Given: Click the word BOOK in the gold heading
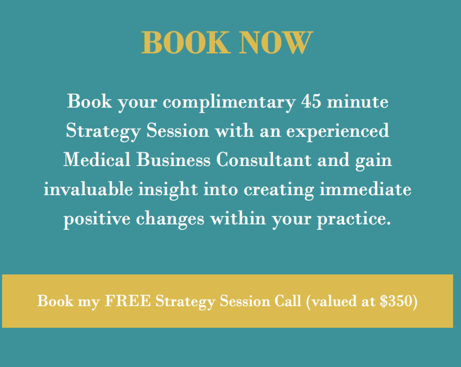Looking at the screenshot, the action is point(185,42).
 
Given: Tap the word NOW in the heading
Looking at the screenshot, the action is point(276,42).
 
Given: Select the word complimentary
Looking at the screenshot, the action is point(229,103).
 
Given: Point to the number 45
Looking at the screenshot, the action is point(311,102).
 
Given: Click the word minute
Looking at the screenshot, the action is point(357,102).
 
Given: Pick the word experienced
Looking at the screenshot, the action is point(338,131).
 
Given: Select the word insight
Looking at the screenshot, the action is point(168,190).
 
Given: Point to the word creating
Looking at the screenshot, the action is point(279,190).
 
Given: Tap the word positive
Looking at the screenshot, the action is point(97,219).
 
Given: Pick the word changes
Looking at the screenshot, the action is point(170,219).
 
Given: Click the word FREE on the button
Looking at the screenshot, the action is point(127,301).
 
